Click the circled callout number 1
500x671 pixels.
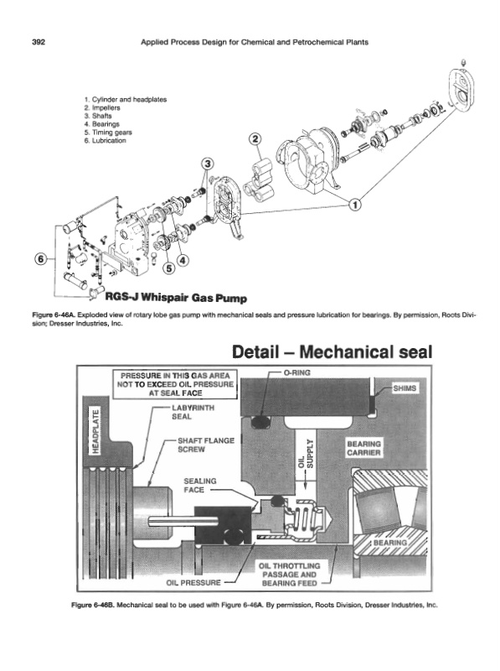tap(355, 205)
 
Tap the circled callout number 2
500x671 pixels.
tap(255, 138)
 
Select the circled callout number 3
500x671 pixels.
tap(208, 164)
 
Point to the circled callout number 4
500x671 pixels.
tap(183, 260)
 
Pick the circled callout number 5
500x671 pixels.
tap(170, 268)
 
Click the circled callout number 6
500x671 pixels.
tap(41, 259)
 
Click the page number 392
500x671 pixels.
tap(39, 42)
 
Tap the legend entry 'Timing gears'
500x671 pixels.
tap(108, 133)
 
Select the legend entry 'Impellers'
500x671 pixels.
tap(102, 108)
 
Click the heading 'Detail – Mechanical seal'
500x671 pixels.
tap(332, 351)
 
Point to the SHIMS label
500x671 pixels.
tap(405, 388)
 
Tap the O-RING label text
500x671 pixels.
tap(297, 372)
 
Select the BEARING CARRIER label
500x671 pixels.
tap(363, 449)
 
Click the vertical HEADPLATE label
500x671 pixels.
tap(96, 431)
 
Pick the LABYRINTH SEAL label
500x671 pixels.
tap(193, 412)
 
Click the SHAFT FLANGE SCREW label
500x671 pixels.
tap(206, 445)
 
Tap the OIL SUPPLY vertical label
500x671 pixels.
tap(306, 455)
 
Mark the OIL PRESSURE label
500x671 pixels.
tap(193, 582)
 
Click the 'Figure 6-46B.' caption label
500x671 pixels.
tap(93, 605)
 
